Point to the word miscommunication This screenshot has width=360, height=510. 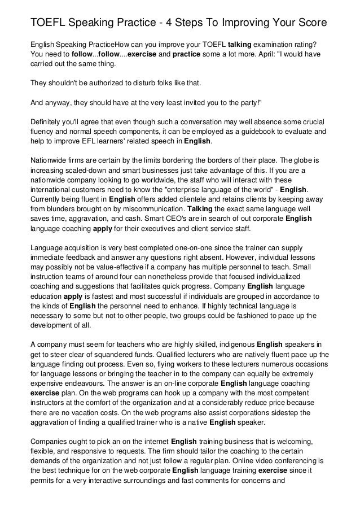pyautogui.click(x=149, y=208)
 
